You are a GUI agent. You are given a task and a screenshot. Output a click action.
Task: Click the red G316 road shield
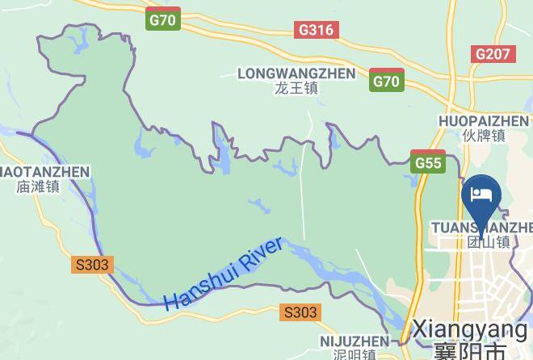[316, 30]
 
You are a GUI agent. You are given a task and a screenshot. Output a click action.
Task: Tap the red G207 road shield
[492, 54]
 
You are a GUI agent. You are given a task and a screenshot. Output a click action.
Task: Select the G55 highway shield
[428, 162]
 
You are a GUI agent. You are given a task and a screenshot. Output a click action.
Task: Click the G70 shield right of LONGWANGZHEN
[387, 82]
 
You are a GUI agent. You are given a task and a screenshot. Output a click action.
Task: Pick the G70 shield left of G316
[164, 20]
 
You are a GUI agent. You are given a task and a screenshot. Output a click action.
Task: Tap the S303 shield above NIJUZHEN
[300, 312]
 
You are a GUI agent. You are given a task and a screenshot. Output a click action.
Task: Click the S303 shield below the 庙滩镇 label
[92, 265]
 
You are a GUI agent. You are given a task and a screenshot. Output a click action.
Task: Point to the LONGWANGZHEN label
[296, 73]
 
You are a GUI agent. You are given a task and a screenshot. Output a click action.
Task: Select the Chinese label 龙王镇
[296, 88]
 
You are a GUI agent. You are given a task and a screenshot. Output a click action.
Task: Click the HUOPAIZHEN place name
[483, 121]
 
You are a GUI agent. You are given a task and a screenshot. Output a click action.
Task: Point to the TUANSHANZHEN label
[482, 228]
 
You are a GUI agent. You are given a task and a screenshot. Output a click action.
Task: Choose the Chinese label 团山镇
[489, 241]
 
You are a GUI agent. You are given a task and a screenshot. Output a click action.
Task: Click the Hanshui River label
[224, 274]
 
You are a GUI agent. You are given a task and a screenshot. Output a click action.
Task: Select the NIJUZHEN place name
[354, 341]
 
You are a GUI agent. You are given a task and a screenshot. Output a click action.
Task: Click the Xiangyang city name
[469, 329]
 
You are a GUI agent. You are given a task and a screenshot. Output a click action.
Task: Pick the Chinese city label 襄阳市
[469, 351]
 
